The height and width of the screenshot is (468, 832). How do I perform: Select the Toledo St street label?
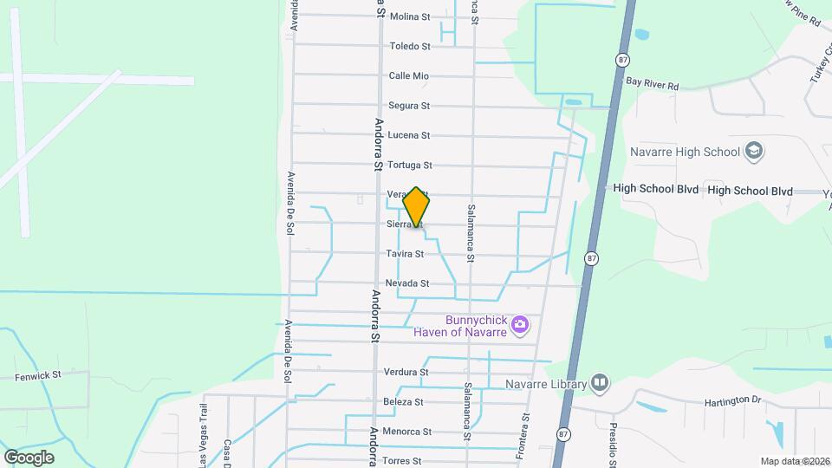pos(410,46)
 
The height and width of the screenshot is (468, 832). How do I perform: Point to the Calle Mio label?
pos(409,76)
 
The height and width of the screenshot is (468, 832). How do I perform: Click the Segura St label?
pos(409,106)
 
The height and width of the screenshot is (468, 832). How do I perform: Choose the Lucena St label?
pos(409,135)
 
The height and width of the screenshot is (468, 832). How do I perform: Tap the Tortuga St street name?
pos(409,166)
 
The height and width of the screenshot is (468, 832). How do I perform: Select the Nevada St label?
pos(407,283)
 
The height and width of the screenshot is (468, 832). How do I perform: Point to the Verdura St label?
pos(406,373)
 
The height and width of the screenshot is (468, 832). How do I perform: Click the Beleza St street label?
pos(403,402)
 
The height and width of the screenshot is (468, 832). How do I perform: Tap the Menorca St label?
pos(407,432)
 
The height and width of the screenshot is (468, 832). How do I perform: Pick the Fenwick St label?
pos(38,376)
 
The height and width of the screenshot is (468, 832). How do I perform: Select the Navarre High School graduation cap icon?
pos(754,152)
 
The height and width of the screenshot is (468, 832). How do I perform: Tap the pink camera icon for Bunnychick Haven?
pos(520,326)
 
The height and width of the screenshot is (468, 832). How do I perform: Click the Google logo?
pos(29,457)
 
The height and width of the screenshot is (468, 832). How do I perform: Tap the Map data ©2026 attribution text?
pos(795,461)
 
